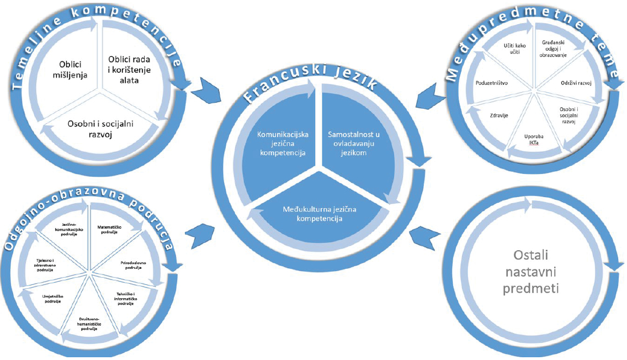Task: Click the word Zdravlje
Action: pyautogui.click(x=499, y=115)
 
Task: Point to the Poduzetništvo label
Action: pyautogui.click(x=492, y=82)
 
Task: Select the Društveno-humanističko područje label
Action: pyautogui.click(x=84, y=326)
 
